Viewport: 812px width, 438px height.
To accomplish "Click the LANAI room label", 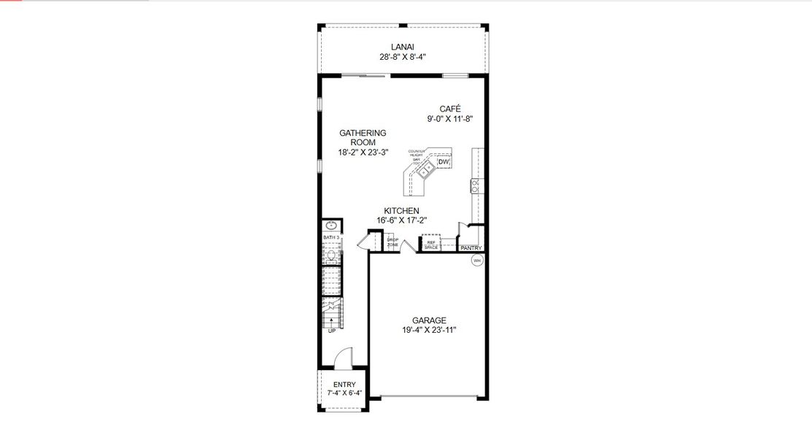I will (403, 47).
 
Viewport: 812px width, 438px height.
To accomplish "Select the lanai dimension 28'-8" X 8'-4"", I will (403, 56).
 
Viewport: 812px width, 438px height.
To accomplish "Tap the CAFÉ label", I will (450, 109).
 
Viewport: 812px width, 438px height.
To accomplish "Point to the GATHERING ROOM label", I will (363, 137).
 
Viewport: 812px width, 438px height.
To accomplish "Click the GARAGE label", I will (429, 320).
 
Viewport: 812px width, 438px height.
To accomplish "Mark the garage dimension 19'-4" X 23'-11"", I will (429, 330).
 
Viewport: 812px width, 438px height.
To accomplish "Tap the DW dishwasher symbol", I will (444, 162).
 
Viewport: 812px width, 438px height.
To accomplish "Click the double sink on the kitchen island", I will (426, 169).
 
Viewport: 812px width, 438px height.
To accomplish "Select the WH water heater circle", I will (477, 261).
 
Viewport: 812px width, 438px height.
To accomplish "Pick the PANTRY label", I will (471, 248).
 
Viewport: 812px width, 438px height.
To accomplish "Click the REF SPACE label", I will (431, 245).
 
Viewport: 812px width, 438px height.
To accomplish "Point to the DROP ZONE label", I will (393, 242).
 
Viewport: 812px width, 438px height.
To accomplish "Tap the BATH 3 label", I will (331, 238).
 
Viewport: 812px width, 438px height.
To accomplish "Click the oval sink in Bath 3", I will (330, 226).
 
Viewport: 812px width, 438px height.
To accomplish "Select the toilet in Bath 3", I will (330, 255).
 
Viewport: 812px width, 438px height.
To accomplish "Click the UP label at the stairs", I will (331, 331).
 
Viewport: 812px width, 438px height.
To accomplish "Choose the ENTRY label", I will (344, 385).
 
